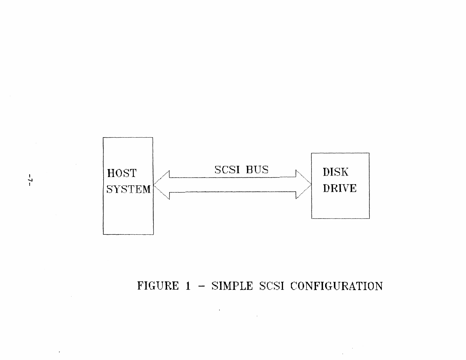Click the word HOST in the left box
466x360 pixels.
tap(122, 173)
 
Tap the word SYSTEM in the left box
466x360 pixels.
tap(129, 189)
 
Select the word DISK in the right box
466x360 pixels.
tap(335, 172)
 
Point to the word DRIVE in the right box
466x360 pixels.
tap(340, 188)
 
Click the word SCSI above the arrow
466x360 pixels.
tap(227, 170)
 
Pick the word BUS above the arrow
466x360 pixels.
tap(257, 170)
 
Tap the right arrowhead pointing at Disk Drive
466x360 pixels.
tap(304, 185)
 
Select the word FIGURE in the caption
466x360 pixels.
tap(158, 286)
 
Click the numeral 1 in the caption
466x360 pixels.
tap(188, 286)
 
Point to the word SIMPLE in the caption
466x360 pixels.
tap(232, 286)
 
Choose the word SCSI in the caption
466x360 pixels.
tap(272, 286)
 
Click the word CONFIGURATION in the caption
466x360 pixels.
tap(337, 286)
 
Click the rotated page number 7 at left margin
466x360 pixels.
tap(30, 179)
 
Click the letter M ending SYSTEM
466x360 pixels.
tap(147, 189)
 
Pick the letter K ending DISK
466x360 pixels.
tap(344, 172)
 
